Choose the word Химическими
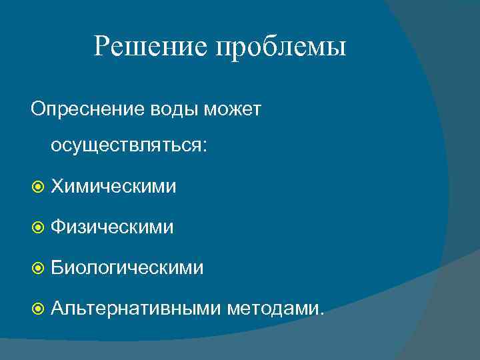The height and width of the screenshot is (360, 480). [x=114, y=187]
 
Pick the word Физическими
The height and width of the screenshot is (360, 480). [x=113, y=227]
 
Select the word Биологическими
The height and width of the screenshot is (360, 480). [x=127, y=268]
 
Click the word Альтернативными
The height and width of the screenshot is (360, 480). [x=137, y=309]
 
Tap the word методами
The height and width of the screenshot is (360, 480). [x=274, y=309]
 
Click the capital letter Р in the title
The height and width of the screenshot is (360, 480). [x=102, y=46]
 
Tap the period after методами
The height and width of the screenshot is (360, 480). [x=323, y=313]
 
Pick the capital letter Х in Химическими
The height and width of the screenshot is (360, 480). [x=57, y=187]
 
